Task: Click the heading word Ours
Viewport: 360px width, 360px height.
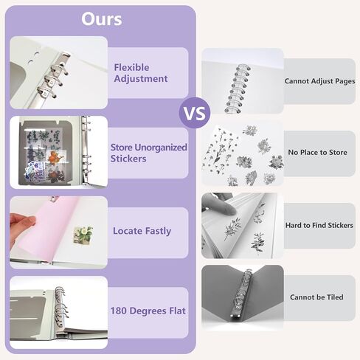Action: coord(102,19)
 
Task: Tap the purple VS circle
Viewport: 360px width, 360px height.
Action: coord(195,113)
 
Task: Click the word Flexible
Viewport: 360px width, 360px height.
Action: coord(131,67)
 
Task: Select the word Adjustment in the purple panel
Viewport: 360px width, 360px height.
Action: coord(141,79)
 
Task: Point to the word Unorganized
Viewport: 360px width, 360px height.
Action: coord(161,148)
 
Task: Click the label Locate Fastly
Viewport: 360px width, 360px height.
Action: coord(142,231)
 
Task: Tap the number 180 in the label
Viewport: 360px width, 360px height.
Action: coord(119,311)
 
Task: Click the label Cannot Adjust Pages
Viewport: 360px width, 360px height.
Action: coord(319,81)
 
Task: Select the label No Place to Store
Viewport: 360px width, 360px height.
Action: coord(318,153)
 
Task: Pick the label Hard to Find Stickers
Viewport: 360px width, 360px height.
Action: coord(319,225)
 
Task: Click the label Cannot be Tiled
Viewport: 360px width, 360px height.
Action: coord(316,297)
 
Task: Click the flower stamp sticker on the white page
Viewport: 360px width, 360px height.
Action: coord(83,235)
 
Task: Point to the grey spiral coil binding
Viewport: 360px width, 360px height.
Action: coord(237,89)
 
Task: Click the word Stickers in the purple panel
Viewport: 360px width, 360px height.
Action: coord(128,159)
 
